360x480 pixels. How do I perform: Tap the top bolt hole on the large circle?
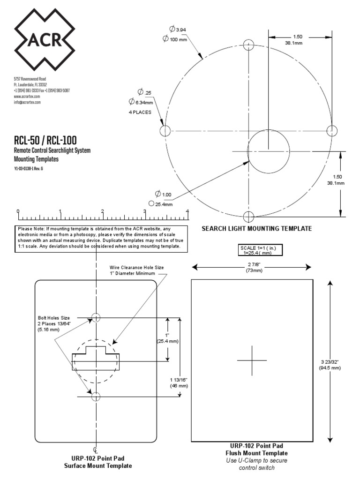(248, 45)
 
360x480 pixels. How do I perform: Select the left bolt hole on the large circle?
(165, 130)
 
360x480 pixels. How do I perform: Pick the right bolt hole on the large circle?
(332, 130)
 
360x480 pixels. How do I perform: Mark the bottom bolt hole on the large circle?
(248, 216)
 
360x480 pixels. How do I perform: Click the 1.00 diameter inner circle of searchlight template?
(268, 151)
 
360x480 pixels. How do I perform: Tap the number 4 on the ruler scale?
(187, 211)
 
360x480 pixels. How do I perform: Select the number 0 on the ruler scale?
(18, 211)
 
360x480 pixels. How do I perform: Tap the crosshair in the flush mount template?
(252, 360)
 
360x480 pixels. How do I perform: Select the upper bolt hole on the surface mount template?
(96, 317)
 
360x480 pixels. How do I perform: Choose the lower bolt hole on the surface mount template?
(96, 397)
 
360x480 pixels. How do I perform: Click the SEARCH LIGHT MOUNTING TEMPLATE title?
(256, 229)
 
